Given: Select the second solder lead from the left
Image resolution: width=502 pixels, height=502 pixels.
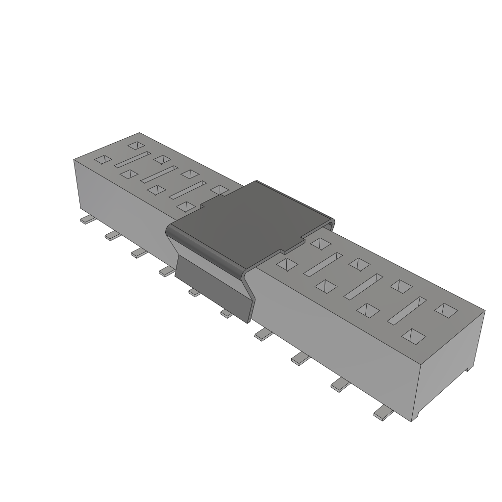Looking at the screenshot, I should [112, 236].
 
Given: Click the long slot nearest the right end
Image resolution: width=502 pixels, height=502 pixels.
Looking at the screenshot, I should [406, 310].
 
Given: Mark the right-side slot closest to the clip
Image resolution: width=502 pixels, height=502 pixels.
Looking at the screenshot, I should [323, 263].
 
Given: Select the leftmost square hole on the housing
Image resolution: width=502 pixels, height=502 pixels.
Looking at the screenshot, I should [103, 159].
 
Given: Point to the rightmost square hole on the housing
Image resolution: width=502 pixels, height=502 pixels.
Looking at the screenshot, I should [446, 309].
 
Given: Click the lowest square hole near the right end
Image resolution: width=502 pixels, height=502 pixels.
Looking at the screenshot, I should [413, 336].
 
